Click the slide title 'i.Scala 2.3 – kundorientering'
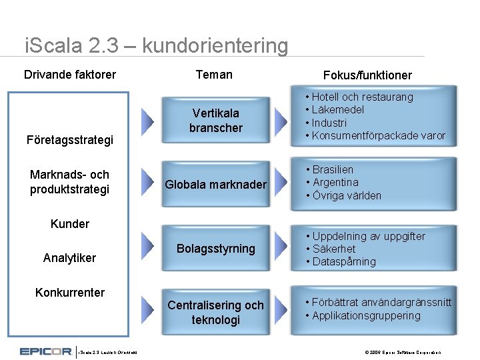pos(156,46)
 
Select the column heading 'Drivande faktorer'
pos(70,74)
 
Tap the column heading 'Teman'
pos(214,74)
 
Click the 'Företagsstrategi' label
pos(70,140)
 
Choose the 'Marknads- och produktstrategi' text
pos(70,182)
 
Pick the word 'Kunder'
pos(70,223)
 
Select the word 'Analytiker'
pos(70,257)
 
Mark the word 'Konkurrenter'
pos(70,292)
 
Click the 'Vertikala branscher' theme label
pos(215,120)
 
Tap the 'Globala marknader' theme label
pos(215,184)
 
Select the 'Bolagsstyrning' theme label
pos(215,249)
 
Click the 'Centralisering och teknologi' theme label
pos(215,312)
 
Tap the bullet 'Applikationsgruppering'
pos(366,315)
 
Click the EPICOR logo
pos(45,351)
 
